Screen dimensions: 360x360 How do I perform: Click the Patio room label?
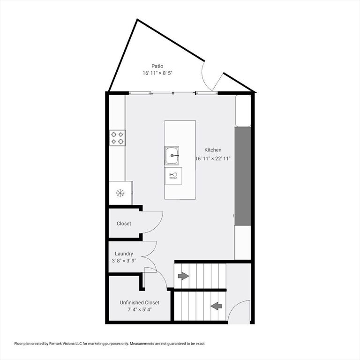(x=157, y=66)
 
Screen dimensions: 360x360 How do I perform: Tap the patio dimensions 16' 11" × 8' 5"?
(x=157, y=73)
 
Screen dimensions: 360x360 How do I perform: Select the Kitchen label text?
(x=213, y=150)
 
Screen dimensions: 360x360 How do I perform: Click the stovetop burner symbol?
(x=118, y=137)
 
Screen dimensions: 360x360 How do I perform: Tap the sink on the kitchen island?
(x=172, y=155)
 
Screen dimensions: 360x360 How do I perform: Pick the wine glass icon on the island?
(x=172, y=176)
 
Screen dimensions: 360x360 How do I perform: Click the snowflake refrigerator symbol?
(x=120, y=193)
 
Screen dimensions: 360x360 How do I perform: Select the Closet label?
(x=124, y=224)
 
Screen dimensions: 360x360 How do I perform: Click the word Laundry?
(x=124, y=254)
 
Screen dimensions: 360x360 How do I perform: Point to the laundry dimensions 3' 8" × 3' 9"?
(x=124, y=261)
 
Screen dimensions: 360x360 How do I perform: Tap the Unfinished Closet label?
(x=139, y=302)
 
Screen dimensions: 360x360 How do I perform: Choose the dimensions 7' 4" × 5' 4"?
(x=139, y=309)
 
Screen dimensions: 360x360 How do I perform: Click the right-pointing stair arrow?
(x=183, y=276)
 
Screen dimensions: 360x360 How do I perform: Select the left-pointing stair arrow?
(x=216, y=306)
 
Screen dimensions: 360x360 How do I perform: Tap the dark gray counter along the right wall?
(x=242, y=176)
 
